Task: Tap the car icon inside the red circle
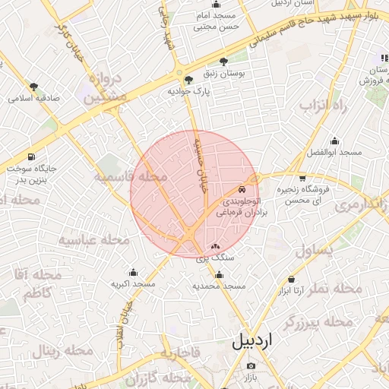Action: (242, 188)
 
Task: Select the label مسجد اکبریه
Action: (133, 283)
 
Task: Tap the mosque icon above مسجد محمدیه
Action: (219, 275)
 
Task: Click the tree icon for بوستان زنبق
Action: (223, 62)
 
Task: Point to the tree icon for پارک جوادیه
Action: (188, 79)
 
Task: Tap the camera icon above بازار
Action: (251, 366)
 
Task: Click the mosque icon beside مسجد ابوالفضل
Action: (334, 141)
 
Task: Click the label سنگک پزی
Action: (216, 258)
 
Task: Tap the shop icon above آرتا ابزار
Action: (291, 280)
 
